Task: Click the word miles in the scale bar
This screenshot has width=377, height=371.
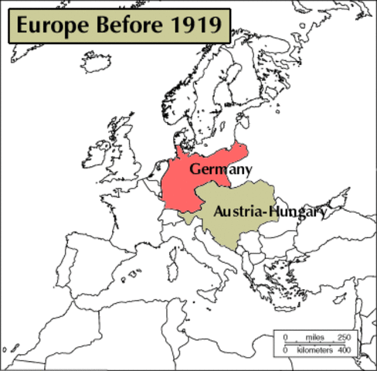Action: tap(314, 338)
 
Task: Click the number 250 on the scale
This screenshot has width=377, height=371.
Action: tap(344, 338)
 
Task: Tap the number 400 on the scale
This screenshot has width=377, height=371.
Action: tap(344, 350)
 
